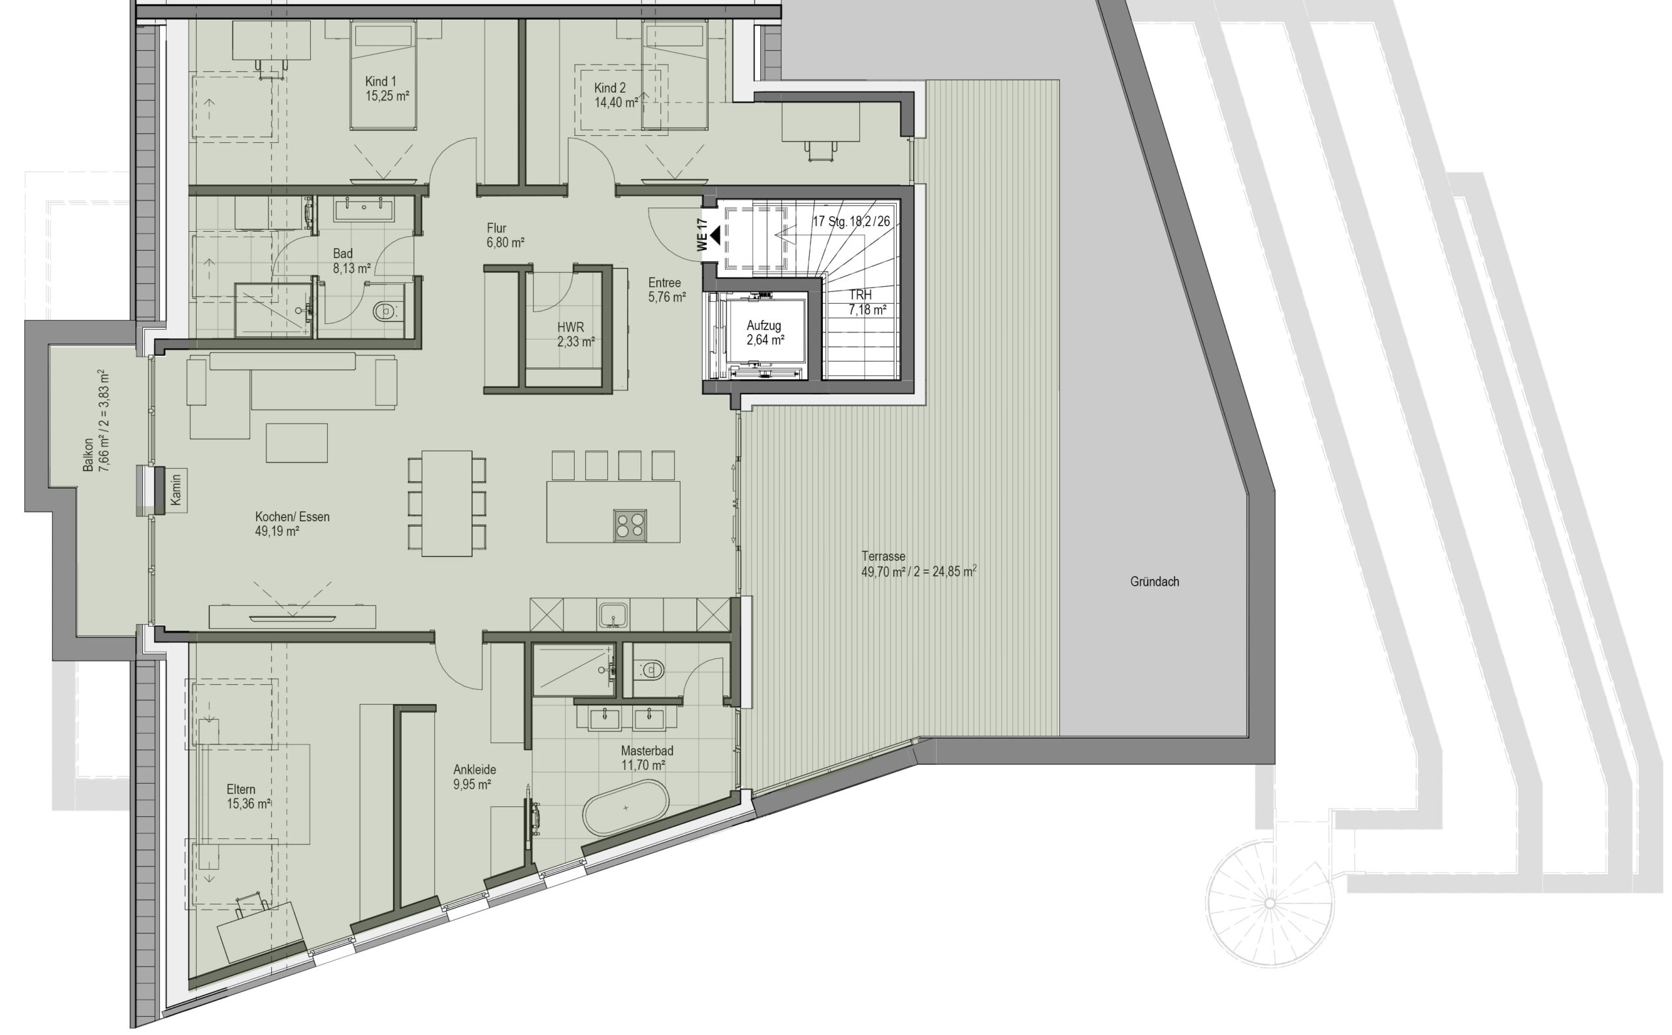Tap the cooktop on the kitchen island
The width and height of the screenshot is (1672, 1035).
tap(630, 526)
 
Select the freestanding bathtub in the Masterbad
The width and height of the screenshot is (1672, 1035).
tap(625, 808)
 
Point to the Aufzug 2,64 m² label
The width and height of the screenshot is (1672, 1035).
tap(765, 332)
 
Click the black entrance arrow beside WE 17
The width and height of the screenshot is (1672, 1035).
tap(714, 236)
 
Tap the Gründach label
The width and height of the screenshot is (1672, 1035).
tap(1154, 582)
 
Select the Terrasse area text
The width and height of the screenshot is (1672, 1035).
tap(919, 564)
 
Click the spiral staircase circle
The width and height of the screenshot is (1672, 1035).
tap(1270, 903)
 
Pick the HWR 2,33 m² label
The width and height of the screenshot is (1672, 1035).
tap(575, 335)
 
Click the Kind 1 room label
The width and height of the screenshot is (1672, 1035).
tap(387, 89)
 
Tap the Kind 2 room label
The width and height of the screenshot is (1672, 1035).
tap(616, 95)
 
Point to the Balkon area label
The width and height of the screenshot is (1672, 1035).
tap(96, 421)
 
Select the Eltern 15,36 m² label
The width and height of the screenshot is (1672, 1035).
tap(249, 797)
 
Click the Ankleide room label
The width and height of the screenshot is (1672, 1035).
tap(474, 777)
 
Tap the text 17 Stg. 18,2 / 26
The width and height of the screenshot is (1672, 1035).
tap(851, 222)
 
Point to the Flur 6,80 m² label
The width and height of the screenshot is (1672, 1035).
tap(506, 236)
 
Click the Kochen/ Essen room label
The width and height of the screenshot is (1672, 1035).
tap(293, 524)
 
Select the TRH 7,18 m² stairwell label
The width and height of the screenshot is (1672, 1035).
tap(867, 302)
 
